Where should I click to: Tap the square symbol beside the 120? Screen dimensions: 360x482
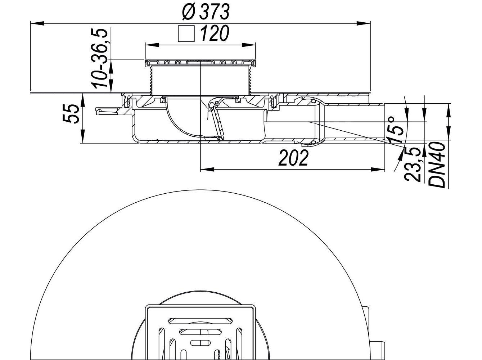point(186,35)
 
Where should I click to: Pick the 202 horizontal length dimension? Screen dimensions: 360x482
point(293,158)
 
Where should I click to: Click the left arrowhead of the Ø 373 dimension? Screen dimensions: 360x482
point(36,23)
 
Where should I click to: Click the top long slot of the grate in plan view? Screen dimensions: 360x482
point(201,320)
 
